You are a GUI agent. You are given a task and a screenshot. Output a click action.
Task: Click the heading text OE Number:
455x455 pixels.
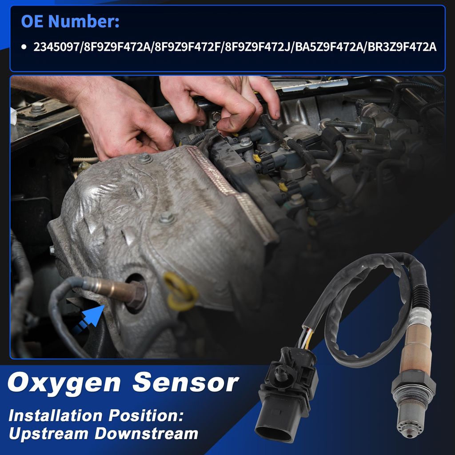[70, 21]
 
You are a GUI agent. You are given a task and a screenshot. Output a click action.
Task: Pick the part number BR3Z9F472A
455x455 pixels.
[402, 47]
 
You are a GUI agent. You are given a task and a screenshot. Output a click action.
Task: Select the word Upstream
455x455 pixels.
[48, 434]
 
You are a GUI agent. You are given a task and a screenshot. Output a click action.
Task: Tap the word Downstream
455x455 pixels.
[147, 433]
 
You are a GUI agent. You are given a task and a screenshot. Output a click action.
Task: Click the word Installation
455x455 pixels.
[55, 415]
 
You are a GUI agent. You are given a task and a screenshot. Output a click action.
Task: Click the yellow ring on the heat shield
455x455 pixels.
[180, 291]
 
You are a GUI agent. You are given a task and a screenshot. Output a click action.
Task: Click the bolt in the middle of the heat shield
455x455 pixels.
[167, 218]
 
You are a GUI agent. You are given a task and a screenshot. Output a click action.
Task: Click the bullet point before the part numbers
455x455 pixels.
[24, 47]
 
